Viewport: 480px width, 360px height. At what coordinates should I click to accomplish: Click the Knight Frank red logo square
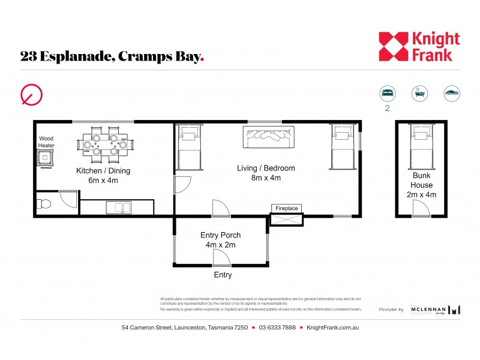tap(393, 46)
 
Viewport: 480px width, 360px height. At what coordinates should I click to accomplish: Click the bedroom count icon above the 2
tap(388, 93)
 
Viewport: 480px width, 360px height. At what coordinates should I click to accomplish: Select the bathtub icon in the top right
tap(419, 93)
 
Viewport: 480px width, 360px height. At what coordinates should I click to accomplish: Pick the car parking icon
tap(451, 93)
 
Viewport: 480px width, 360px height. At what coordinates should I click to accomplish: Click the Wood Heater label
tap(46, 142)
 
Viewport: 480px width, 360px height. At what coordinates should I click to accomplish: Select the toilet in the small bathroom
tap(44, 204)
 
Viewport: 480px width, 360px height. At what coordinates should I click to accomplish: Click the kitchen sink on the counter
tap(119, 208)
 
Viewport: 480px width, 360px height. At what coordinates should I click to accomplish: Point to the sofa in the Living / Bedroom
tap(268, 137)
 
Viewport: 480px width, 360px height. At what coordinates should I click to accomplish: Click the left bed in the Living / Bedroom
tap(190, 148)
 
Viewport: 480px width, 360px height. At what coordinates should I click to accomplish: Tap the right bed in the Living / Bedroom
tap(343, 147)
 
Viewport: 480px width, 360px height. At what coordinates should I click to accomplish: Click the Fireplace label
tap(286, 208)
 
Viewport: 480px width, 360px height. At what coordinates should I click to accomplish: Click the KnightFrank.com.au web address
tap(332, 328)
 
